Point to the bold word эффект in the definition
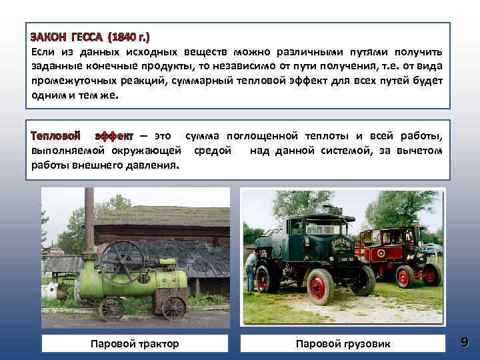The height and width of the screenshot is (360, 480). [x=114, y=135]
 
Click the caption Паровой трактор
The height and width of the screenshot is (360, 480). [x=135, y=344]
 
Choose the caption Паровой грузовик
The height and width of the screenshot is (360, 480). [x=343, y=344]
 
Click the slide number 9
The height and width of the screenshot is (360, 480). [x=464, y=343]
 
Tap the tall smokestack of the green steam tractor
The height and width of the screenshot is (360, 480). [x=89, y=220]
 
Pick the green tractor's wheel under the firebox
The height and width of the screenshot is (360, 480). [x=173, y=307]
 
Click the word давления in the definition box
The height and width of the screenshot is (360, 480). [x=151, y=165]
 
